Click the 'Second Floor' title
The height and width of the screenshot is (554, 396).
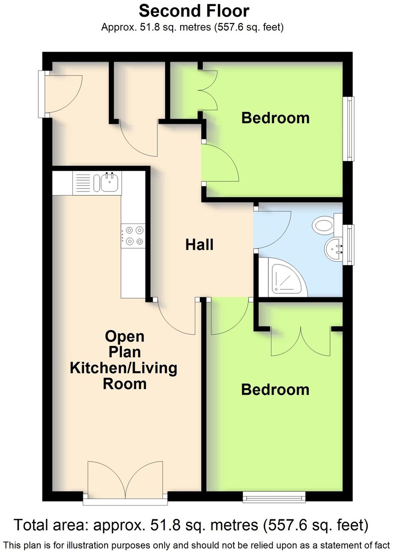(194, 12)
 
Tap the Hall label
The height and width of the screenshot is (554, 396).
(199, 245)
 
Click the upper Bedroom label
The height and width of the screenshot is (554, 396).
(276, 118)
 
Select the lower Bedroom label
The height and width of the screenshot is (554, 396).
(275, 390)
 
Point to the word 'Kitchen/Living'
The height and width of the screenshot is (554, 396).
(124, 368)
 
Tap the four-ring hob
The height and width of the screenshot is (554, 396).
(133, 236)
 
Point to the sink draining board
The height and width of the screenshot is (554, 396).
(83, 182)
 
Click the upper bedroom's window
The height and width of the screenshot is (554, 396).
(350, 129)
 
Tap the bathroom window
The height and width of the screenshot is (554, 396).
(350, 245)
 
